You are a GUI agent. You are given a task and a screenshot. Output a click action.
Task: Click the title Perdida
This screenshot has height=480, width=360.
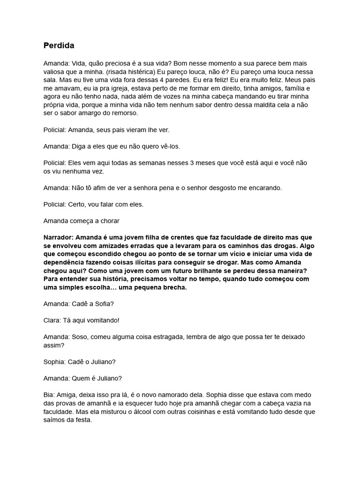click(59, 45)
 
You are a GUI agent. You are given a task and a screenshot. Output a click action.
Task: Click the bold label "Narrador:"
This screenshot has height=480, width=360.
click(58, 237)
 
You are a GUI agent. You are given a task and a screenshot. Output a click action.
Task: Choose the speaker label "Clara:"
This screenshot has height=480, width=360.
click(52, 321)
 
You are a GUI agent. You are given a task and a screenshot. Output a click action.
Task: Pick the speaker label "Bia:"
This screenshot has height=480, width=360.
click(50, 395)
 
